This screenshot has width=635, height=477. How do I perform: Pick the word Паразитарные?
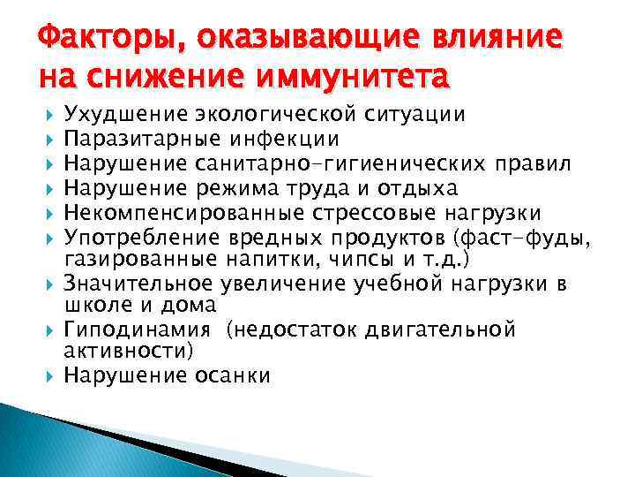141,139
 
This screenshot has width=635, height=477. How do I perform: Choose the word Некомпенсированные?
169,214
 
